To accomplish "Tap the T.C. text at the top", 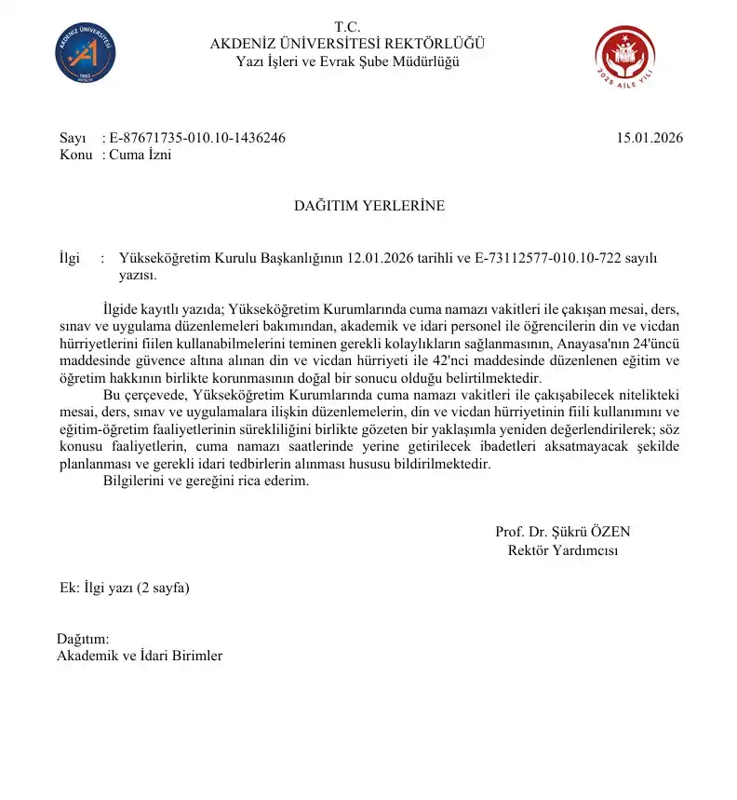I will tap(347, 26).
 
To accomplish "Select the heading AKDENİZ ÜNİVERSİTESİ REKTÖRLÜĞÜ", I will tap(347, 44).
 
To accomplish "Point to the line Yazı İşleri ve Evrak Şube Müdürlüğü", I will tap(347, 61).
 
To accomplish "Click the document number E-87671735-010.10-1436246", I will tap(196, 138).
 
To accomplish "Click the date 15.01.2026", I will tap(650, 138).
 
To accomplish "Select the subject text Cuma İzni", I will tap(141, 155).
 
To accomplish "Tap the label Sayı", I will tap(73, 138).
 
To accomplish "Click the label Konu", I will tap(75, 155).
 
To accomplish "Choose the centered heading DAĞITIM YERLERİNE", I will tap(369, 206).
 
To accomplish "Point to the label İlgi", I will tap(70, 258).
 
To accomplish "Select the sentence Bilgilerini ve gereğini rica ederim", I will tap(204, 481).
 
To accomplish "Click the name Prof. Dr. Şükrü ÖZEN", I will tap(562, 532).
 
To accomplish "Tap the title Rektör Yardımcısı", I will tap(562, 549).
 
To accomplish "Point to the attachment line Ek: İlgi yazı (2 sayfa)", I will tap(125, 588).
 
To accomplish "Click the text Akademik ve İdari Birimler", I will tap(140, 656).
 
